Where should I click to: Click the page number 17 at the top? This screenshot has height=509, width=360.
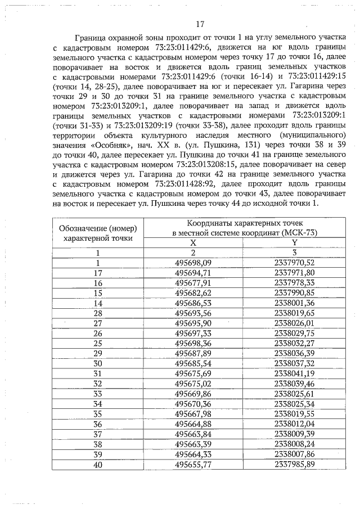click(199, 24)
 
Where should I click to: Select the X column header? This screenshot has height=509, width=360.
click(193, 243)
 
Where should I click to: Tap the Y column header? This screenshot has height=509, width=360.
click(294, 243)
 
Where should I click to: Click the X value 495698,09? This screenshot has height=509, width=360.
click(193, 263)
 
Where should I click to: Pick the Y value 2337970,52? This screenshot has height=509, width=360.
click(294, 263)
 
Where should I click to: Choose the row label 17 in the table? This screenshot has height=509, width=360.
click(98, 273)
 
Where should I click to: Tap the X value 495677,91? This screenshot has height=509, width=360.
click(193, 283)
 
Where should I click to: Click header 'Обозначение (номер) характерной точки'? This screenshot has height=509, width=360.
click(98, 233)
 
